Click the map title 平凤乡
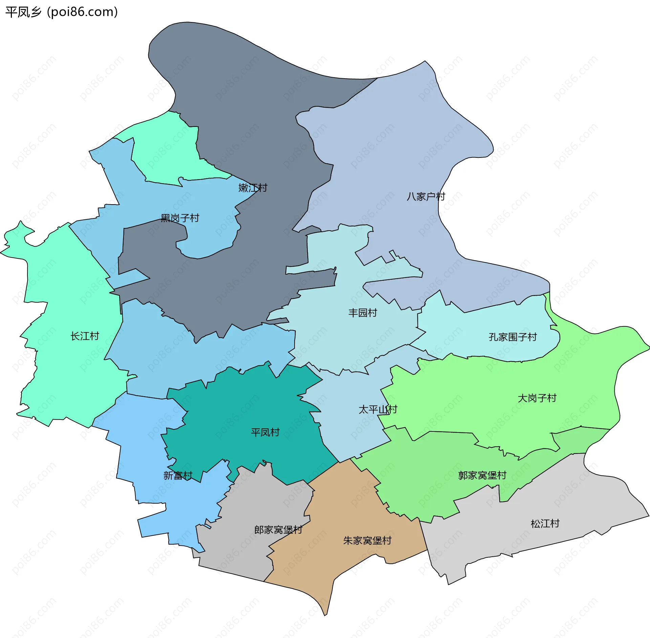click(23, 12)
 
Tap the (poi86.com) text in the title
click(82, 12)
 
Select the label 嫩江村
click(253, 188)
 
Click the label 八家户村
click(426, 196)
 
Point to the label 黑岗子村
click(180, 218)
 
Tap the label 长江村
click(85, 336)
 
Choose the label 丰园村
click(363, 313)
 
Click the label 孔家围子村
click(513, 337)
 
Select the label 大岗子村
click(537, 398)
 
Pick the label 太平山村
click(377, 409)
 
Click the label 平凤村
click(265, 432)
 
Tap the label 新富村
click(178, 475)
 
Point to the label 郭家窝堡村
click(482, 475)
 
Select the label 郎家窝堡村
click(278, 530)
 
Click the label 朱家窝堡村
click(367, 540)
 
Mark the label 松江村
click(545, 524)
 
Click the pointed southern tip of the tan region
click(325, 614)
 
